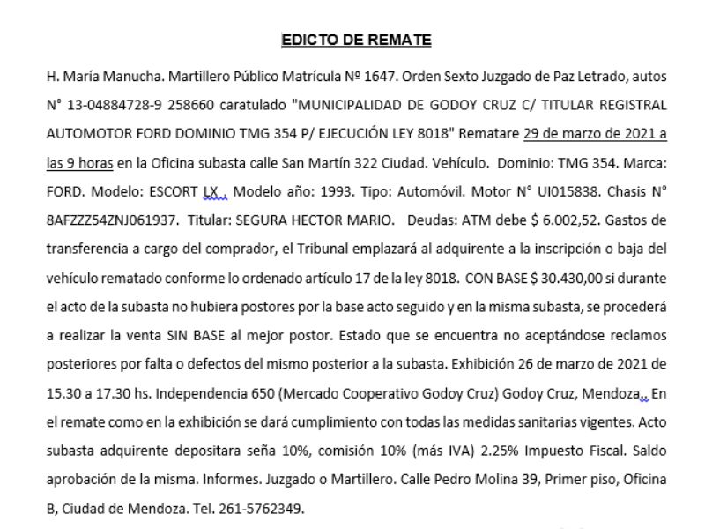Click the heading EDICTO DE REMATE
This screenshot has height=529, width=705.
pyautogui.click(x=356, y=40)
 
